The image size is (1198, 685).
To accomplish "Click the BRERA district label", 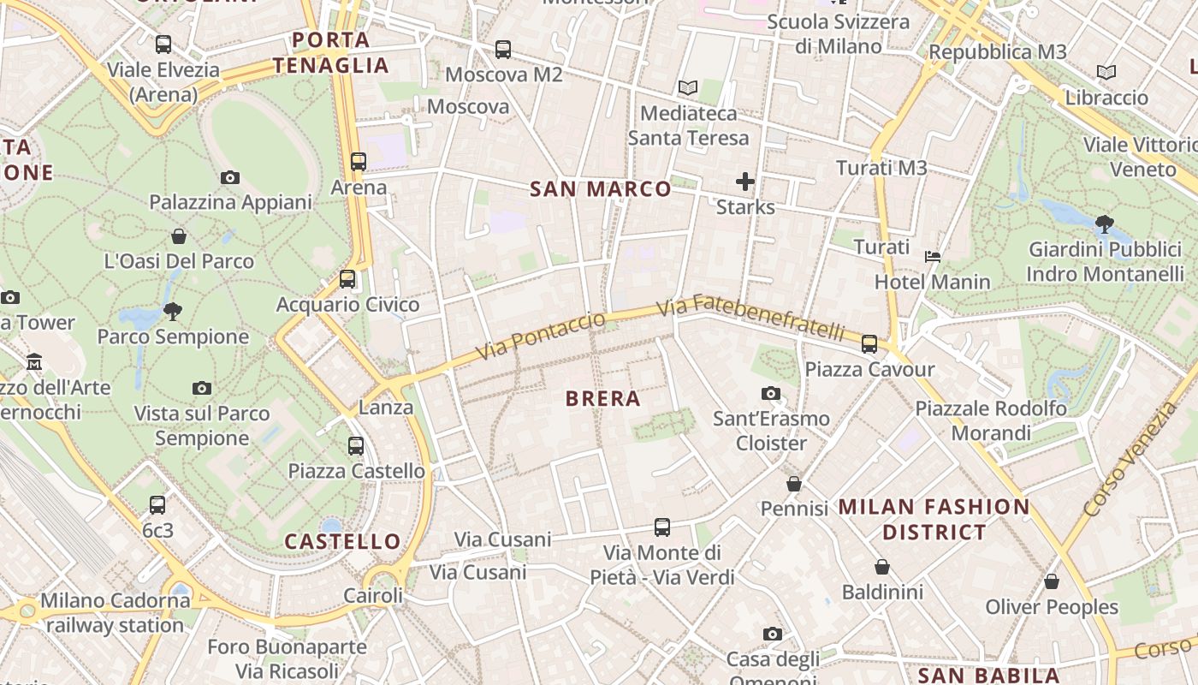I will (x=603, y=399).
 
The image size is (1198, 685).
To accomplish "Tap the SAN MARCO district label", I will (x=601, y=189).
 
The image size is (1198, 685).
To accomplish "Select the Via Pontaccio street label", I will (x=540, y=336).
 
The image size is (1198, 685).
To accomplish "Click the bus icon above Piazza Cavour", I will (x=869, y=344).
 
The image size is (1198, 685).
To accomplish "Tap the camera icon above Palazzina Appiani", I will (x=229, y=178).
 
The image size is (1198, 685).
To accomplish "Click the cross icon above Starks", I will (x=745, y=182).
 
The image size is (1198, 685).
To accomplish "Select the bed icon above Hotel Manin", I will (x=933, y=256).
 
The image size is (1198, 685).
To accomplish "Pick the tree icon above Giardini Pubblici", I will (x=1104, y=224).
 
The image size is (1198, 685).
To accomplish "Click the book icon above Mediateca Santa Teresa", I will (x=687, y=87).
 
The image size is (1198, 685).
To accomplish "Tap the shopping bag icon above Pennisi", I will (x=794, y=484).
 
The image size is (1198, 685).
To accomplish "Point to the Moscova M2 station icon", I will (x=503, y=50).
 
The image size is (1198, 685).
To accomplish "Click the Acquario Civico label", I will (x=347, y=305).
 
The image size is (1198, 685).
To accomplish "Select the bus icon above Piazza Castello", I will (x=356, y=445).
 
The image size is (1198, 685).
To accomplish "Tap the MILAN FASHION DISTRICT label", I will (x=934, y=519).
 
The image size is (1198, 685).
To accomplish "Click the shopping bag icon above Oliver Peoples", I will (x=1051, y=581).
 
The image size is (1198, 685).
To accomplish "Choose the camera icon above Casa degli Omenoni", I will (x=773, y=634).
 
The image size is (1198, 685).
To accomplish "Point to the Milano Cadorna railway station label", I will (x=115, y=613).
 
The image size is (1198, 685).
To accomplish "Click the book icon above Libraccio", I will (x=1106, y=73).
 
